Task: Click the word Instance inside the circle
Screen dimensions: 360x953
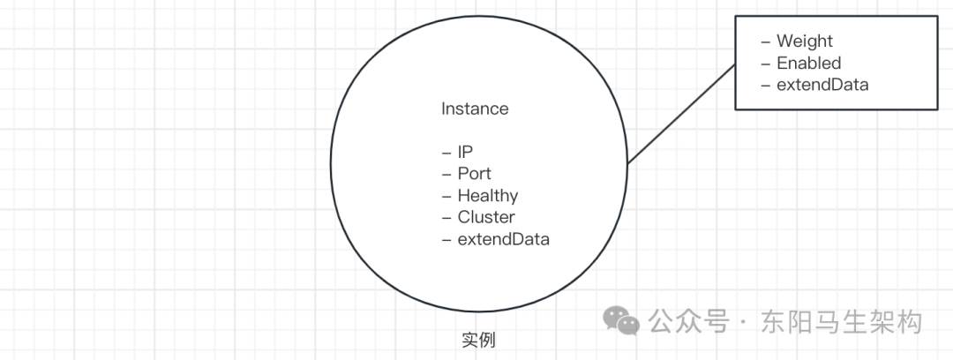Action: tap(475, 109)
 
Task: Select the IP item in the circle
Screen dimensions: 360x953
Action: tap(465, 152)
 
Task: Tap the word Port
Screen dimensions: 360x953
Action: tap(474, 174)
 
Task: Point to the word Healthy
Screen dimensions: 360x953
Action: tap(487, 196)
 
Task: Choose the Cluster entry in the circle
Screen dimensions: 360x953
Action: tap(485, 217)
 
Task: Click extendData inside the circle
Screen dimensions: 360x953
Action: tap(503, 239)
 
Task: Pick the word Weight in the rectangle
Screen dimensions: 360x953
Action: tap(804, 41)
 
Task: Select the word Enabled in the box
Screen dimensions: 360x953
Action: tap(808, 64)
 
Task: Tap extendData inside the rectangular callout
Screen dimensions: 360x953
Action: tap(822, 86)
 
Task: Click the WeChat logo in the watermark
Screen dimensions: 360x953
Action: tap(627, 321)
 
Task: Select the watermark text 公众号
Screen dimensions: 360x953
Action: tap(689, 322)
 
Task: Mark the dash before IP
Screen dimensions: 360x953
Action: tap(446, 153)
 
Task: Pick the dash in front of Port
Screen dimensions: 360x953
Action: tap(446, 174)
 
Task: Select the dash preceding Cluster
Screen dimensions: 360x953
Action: tap(446, 218)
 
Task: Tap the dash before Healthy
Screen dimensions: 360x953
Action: tap(446, 196)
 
